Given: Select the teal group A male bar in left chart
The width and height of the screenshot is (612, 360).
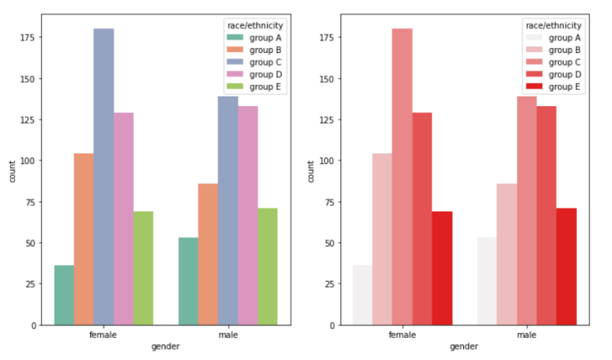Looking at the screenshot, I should (x=188, y=281).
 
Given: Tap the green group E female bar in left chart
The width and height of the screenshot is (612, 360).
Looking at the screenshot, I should (x=143, y=268).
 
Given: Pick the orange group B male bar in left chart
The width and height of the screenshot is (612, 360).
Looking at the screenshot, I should (x=208, y=254).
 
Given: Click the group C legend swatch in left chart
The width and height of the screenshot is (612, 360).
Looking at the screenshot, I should (x=236, y=62).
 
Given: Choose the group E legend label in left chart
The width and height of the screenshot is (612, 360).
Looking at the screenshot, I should (x=266, y=87).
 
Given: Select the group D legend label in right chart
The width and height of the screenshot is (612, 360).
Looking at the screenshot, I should (x=565, y=74).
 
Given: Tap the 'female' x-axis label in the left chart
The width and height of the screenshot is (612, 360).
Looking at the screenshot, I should (x=104, y=335).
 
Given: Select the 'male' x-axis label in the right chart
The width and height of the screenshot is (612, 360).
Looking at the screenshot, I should (x=526, y=335).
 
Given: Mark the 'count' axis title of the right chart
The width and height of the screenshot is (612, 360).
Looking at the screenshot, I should (x=311, y=172).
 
